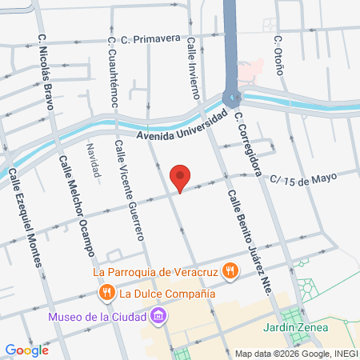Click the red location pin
coord(181,178)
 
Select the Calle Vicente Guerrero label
coord(129,190)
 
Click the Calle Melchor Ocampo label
coord(77,206)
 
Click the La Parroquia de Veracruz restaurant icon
coord(230,270)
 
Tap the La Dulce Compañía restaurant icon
coord(106,294)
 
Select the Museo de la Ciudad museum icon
coord(159,317)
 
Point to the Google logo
coord(26,350)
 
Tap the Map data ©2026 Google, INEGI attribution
coord(296,354)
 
